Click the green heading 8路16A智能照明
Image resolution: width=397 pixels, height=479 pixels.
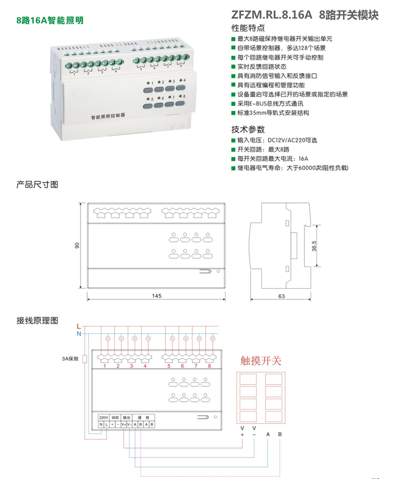pyautogui.click(x=50, y=20)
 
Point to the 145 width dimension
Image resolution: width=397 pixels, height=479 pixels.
pyautogui.click(x=156, y=296)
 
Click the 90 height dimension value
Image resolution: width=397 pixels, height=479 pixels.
pyautogui.click(x=78, y=245)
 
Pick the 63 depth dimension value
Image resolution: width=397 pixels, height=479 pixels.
pyautogui.click(x=281, y=296)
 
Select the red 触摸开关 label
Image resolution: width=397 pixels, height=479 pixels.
pyautogui.click(x=261, y=361)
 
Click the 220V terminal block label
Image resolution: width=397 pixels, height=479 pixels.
pyautogui.click(x=104, y=417)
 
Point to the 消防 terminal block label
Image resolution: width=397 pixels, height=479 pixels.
pyautogui.click(x=115, y=417)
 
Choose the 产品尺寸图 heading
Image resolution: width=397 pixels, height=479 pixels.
pyautogui.click(x=37, y=185)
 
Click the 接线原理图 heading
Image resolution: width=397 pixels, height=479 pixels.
pyautogui.click(x=37, y=320)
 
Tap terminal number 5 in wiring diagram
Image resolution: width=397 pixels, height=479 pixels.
pyautogui.click(x=169, y=365)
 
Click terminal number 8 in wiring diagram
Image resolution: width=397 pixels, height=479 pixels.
pyautogui.click(x=210, y=365)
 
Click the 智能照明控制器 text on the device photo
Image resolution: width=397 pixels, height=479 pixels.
pyautogui.click(x=108, y=116)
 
